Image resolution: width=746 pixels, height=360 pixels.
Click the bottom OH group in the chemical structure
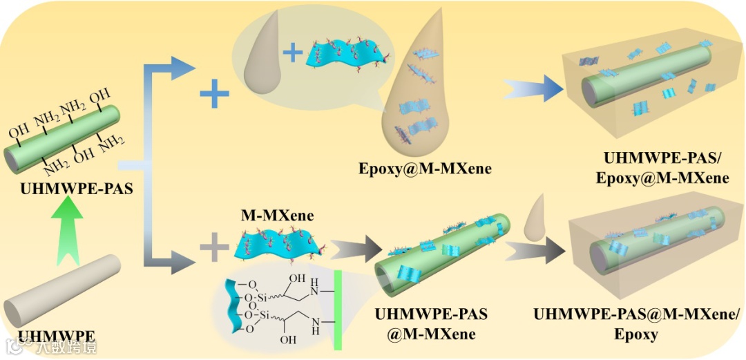pyautogui.click(x=288, y=340)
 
